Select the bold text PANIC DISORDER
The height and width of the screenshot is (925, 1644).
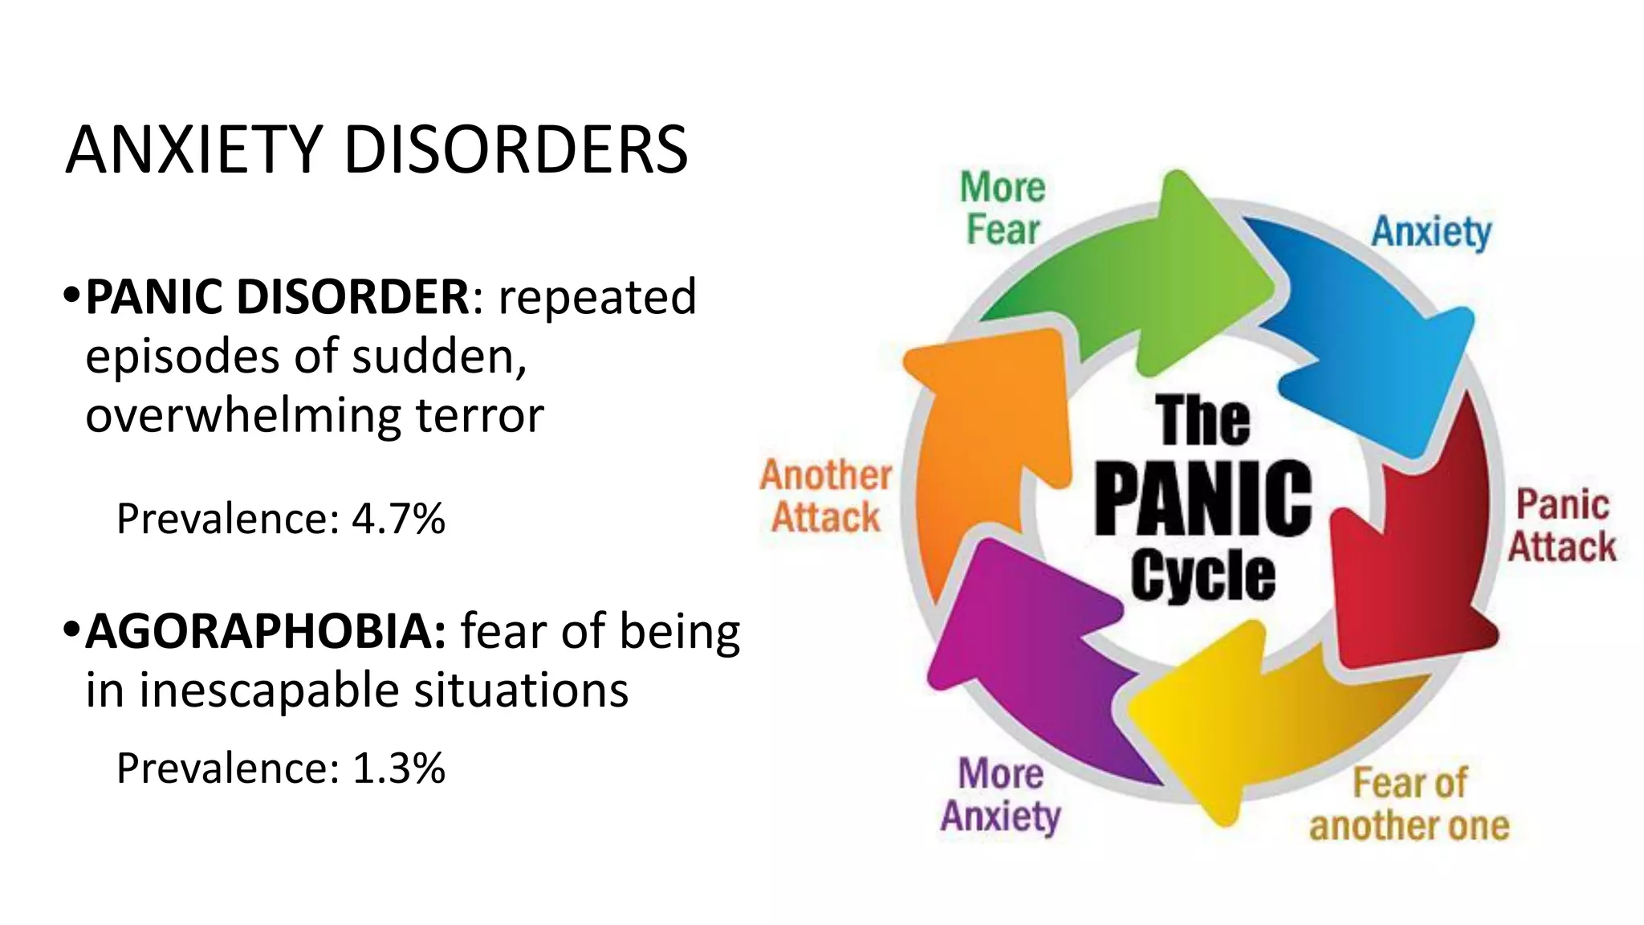277,296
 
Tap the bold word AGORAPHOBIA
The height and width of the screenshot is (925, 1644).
266,631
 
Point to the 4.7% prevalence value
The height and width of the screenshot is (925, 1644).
398,519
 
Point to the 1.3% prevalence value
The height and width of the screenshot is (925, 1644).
398,768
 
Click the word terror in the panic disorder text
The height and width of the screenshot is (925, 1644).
479,415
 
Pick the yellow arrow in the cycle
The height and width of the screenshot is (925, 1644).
1260,723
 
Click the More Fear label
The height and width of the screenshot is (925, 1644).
1003,209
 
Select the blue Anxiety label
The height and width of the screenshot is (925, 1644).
1430,232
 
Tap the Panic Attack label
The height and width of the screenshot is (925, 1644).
1561,526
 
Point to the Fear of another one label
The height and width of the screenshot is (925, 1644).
1409,805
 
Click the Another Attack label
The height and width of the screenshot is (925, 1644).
825,496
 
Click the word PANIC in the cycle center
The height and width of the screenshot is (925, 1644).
1202,499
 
